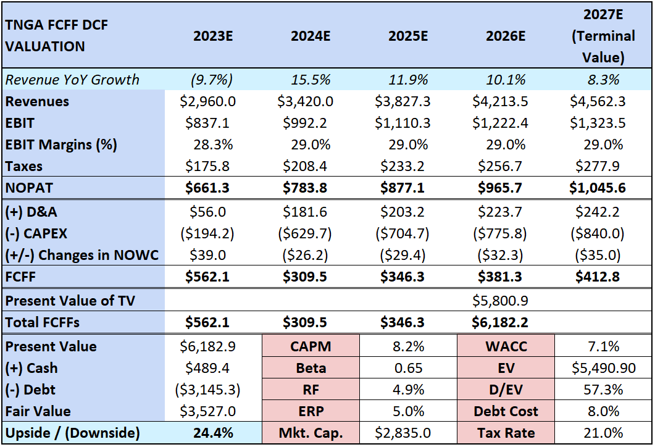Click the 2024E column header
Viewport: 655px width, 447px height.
[x=311, y=36]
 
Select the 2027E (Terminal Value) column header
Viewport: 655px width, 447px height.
[x=603, y=36]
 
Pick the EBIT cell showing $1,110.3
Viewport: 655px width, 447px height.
[x=408, y=123]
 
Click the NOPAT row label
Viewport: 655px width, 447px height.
[x=30, y=188]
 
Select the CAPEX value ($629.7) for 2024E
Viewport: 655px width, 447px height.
[x=311, y=233]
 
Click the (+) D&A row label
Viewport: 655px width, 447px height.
[x=31, y=212]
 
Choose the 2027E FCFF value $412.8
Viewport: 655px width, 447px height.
[x=603, y=277]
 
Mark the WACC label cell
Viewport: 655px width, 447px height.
[x=506, y=346]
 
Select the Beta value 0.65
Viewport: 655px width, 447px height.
[x=408, y=368]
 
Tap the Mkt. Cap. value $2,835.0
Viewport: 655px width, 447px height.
[x=408, y=433]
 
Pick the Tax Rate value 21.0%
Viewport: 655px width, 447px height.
[x=603, y=433]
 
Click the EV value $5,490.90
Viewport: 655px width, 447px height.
[x=603, y=368]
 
